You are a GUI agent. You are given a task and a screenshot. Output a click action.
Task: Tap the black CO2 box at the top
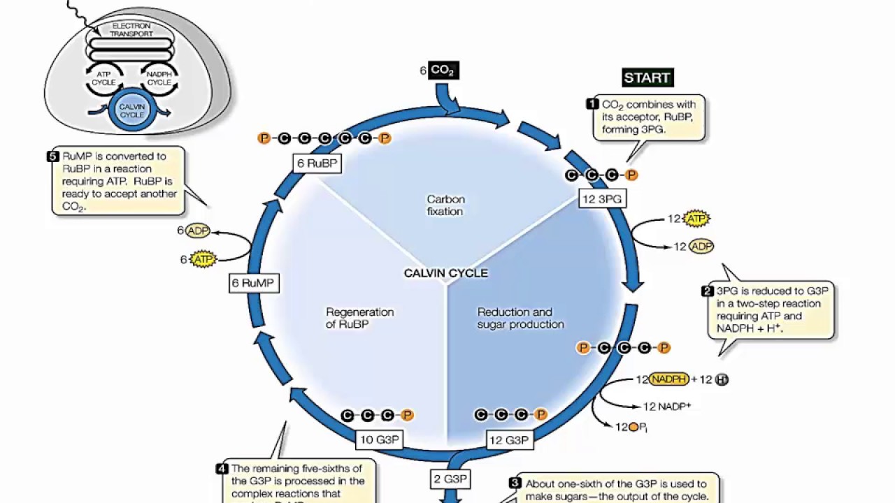(444, 70)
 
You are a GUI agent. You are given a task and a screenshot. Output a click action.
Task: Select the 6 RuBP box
(318, 163)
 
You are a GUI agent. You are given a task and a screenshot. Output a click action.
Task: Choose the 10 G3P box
(379, 440)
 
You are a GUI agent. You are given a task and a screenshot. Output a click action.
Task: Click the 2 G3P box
(450, 479)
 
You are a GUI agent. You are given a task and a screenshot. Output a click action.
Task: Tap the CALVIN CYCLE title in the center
(446, 273)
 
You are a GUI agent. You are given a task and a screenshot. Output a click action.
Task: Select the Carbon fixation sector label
(445, 205)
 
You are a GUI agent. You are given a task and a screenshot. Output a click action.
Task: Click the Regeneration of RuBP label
(359, 318)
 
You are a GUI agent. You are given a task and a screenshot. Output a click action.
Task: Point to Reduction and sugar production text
(520, 318)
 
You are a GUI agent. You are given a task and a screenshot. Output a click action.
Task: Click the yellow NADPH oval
(669, 379)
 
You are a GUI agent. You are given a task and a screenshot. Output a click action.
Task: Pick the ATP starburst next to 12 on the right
(696, 219)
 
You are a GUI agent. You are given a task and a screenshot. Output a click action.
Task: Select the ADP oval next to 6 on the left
(197, 231)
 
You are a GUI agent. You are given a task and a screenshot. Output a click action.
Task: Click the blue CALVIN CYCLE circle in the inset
(132, 111)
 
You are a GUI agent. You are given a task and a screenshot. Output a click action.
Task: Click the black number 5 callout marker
(53, 156)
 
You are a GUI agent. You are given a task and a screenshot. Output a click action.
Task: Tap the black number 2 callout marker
(708, 291)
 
